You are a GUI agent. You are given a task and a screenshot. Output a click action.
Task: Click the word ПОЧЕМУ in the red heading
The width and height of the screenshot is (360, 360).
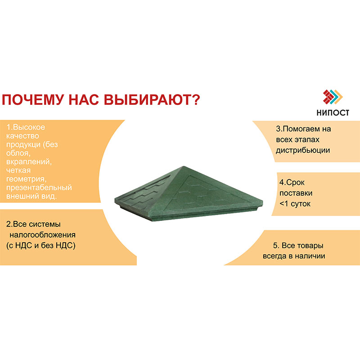click(x=32, y=99)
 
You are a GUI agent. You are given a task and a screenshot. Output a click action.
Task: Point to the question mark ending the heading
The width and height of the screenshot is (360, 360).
click(x=196, y=99)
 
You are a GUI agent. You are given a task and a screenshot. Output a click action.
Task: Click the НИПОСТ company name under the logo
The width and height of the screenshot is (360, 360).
click(x=333, y=112)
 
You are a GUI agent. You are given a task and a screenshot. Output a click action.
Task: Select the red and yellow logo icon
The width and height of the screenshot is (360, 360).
click(x=333, y=97)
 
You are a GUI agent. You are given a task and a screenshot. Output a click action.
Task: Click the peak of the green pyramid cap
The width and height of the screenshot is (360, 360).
click(x=183, y=166)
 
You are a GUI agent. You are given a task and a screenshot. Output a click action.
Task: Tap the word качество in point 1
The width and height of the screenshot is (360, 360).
click(x=22, y=136)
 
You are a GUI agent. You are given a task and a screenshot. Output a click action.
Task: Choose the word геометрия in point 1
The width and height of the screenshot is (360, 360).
click(x=26, y=179)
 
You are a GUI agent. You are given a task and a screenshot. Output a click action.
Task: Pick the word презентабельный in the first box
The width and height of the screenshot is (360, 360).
click(x=39, y=188)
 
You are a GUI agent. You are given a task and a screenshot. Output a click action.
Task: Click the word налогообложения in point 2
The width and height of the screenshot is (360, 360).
click(x=42, y=235)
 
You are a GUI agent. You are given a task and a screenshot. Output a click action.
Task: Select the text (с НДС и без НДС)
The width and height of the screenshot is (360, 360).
click(x=41, y=245)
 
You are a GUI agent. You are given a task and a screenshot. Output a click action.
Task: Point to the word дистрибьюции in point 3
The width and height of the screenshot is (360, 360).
click(x=303, y=150)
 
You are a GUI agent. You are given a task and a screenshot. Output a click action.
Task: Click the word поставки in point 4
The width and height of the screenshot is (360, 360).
click(x=296, y=193)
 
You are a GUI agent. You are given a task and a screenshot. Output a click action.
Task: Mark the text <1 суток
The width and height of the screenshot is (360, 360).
click(x=295, y=204)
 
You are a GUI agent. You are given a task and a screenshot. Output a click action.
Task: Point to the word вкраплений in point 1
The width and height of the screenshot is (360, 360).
click(x=29, y=162)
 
